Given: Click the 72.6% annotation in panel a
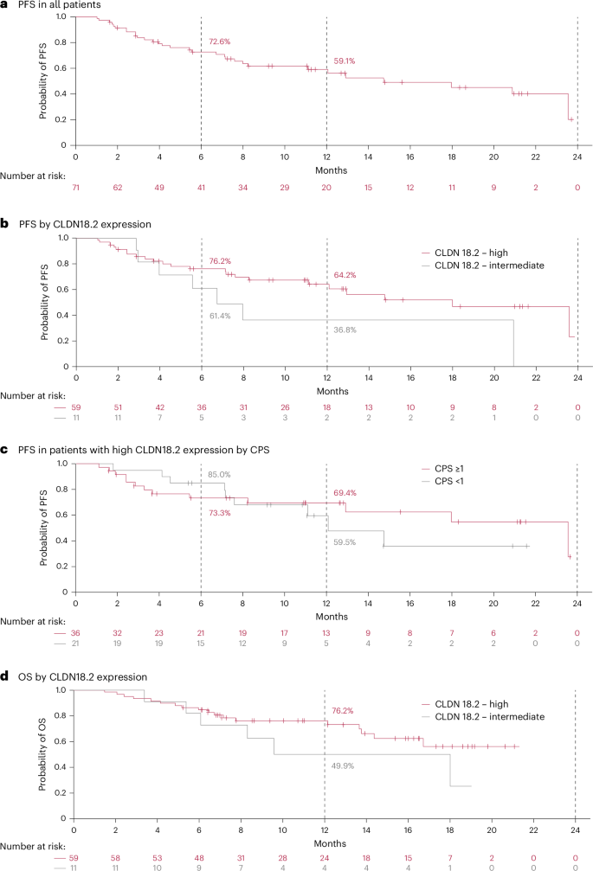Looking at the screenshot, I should coord(220,42).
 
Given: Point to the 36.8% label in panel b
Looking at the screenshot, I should coord(345,330).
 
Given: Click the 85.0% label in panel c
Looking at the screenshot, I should coord(219,474).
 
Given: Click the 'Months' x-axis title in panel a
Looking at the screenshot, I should coord(326,170).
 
